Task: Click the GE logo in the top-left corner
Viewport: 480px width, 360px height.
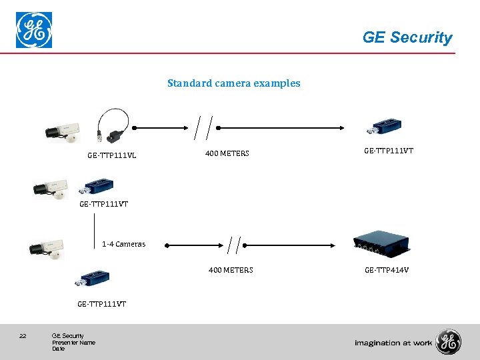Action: (x=34, y=31)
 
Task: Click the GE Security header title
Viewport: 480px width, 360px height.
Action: (x=407, y=37)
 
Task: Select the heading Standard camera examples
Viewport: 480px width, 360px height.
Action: (x=233, y=83)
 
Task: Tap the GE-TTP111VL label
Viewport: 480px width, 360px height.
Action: (x=112, y=155)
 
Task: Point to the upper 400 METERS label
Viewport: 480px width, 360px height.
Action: (x=227, y=153)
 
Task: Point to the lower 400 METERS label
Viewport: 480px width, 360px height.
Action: (x=231, y=270)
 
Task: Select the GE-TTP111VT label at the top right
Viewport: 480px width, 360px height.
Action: (x=389, y=151)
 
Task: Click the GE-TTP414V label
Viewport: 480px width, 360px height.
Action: (x=387, y=270)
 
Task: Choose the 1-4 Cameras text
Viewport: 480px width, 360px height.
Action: (x=123, y=244)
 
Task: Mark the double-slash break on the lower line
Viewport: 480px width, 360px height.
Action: (x=234, y=245)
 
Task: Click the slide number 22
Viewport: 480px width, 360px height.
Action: (x=23, y=335)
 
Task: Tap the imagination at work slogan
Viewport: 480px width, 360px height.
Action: (x=393, y=343)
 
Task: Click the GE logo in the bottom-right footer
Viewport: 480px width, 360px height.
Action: (x=449, y=342)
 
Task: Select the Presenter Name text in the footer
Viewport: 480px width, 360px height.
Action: (x=73, y=343)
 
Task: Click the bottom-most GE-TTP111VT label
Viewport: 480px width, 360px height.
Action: (x=102, y=304)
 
